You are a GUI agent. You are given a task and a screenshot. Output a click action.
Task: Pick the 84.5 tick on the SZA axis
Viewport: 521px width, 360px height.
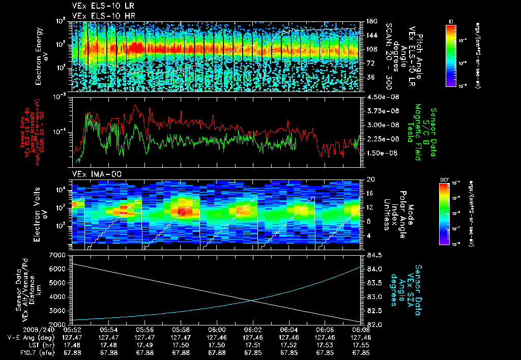coord(370,255)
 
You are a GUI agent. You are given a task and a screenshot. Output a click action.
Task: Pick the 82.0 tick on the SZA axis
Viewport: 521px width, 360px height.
coord(370,324)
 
